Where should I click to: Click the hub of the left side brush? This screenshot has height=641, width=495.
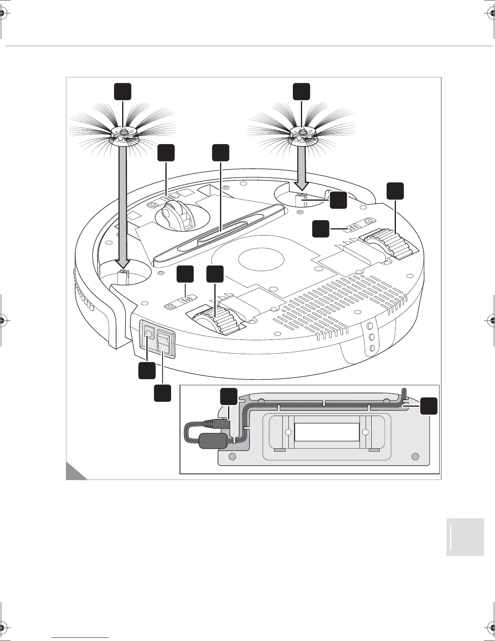[123, 132]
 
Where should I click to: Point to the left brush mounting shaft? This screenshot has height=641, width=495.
[122, 278]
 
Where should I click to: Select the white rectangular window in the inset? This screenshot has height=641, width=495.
[327, 432]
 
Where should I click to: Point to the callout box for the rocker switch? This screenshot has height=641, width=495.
[162, 393]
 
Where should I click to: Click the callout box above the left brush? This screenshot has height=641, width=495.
[122, 91]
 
